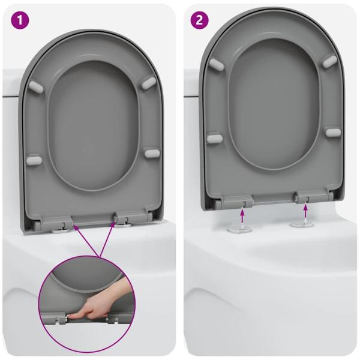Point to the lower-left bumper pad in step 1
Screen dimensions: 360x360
(x=34, y=160)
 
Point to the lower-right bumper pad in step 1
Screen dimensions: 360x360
(x=152, y=153)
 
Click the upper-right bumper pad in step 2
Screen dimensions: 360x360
(x=329, y=61)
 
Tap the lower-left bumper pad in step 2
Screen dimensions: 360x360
(x=215, y=139)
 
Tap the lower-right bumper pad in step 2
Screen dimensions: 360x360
(x=333, y=132)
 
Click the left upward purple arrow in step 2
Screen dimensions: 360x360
(x=242, y=211)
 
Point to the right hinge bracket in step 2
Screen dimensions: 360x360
(x=304, y=196)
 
